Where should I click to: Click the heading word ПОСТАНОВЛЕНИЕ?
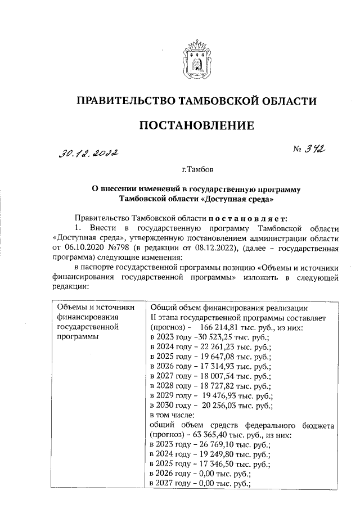tap(196, 125)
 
